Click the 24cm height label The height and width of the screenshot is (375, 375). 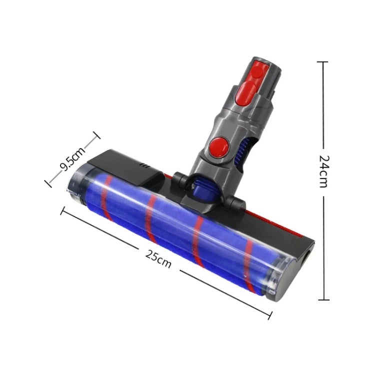point(323,171)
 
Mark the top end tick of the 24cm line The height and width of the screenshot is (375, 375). point(323,62)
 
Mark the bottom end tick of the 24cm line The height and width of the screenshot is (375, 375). point(323,300)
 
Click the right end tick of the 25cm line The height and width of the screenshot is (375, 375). point(270,315)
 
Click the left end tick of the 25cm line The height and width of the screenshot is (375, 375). point(63,210)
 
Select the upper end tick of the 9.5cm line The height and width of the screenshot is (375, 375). point(96,135)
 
